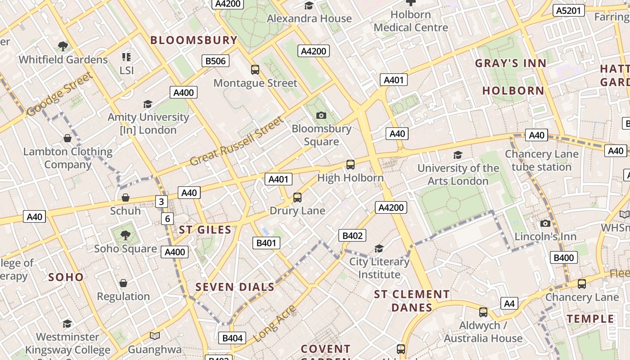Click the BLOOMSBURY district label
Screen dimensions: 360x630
193,40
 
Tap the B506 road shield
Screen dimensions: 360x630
216,61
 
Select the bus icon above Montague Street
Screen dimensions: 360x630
255,70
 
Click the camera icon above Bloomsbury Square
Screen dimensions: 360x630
321,116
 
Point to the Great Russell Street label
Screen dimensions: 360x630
237,141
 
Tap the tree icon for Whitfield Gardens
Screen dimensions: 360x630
63,46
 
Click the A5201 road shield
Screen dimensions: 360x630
568,10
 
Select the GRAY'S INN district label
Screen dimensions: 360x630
511,63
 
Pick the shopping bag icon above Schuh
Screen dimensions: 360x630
126,198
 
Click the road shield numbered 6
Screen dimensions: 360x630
167,219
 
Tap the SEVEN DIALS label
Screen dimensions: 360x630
235,287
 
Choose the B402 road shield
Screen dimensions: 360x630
352,235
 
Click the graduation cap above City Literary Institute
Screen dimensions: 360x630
379,249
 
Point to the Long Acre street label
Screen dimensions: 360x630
274,323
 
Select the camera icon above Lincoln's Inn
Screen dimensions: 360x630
545,223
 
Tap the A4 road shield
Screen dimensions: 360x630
509,303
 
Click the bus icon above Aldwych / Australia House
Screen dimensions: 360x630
483,312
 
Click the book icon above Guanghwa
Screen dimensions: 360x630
155,336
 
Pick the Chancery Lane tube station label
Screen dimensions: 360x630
541,160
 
